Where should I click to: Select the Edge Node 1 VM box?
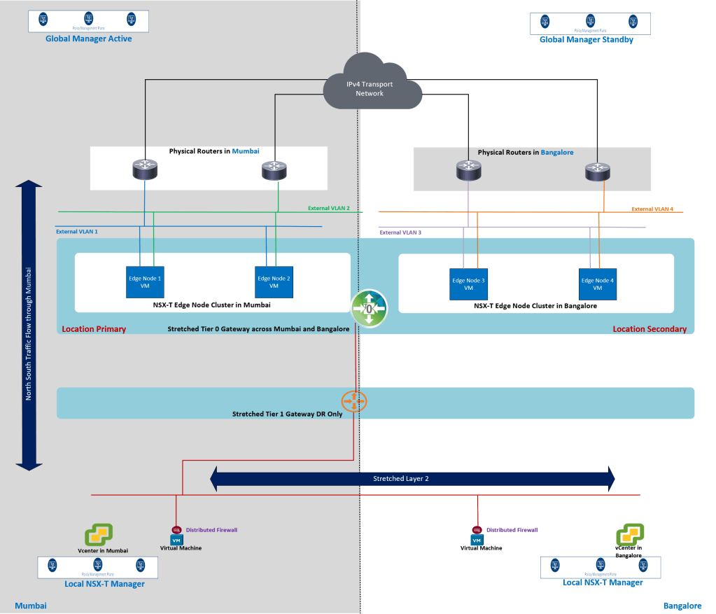[144, 283]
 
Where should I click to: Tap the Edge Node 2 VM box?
[274, 283]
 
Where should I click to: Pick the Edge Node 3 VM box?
[468, 285]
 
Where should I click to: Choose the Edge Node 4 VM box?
[597, 285]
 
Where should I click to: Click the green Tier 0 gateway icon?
[369, 308]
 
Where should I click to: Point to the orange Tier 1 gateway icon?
[354, 402]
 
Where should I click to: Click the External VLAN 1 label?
[77, 231]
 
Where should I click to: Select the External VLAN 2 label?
[329, 208]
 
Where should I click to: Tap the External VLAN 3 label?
[401, 232]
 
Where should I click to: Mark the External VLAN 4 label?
[652, 209]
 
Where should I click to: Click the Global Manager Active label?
[88, 39]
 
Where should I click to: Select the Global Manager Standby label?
[586, 40]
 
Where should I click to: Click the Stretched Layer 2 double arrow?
[412, 479]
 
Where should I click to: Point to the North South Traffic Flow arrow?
[29, 325]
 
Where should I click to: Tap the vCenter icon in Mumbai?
[99, 536]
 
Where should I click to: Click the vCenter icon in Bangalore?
[629, 535]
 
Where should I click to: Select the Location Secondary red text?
[650, 329]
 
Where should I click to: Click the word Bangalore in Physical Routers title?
[557, 152]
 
